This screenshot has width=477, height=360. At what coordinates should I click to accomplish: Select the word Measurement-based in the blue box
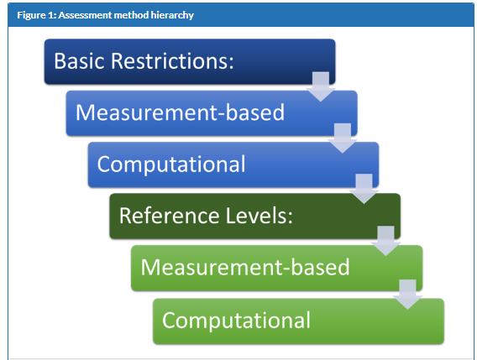[x=180, y=112]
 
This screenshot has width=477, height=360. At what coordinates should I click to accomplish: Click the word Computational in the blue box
[x=171, y=164]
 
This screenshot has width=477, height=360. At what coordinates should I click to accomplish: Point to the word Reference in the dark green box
[x=169, y=216]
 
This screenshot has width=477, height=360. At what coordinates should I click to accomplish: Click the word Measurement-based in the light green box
[x=245, y=267]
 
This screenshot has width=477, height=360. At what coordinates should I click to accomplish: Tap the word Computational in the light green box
[x=236, y=321]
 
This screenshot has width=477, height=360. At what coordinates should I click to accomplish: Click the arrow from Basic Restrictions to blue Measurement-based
[x=321, y=86]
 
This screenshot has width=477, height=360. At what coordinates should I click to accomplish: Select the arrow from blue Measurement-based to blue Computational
[x=343, y=138]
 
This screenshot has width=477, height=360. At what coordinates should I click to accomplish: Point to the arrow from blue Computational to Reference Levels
[x=364, y=189]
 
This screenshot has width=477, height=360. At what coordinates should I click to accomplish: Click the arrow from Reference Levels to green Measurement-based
[x=386, y=241]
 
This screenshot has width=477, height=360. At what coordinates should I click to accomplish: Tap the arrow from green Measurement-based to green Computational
[x=407, y=295]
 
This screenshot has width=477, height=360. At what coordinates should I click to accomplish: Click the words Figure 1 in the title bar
[x=37, y=15]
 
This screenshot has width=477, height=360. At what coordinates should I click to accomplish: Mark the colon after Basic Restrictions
[x=232, y=63]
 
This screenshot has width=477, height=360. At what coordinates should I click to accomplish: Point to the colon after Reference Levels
[x=290, y=217]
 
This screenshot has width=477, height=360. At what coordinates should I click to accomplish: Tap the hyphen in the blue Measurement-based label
[x=221, y=115]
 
